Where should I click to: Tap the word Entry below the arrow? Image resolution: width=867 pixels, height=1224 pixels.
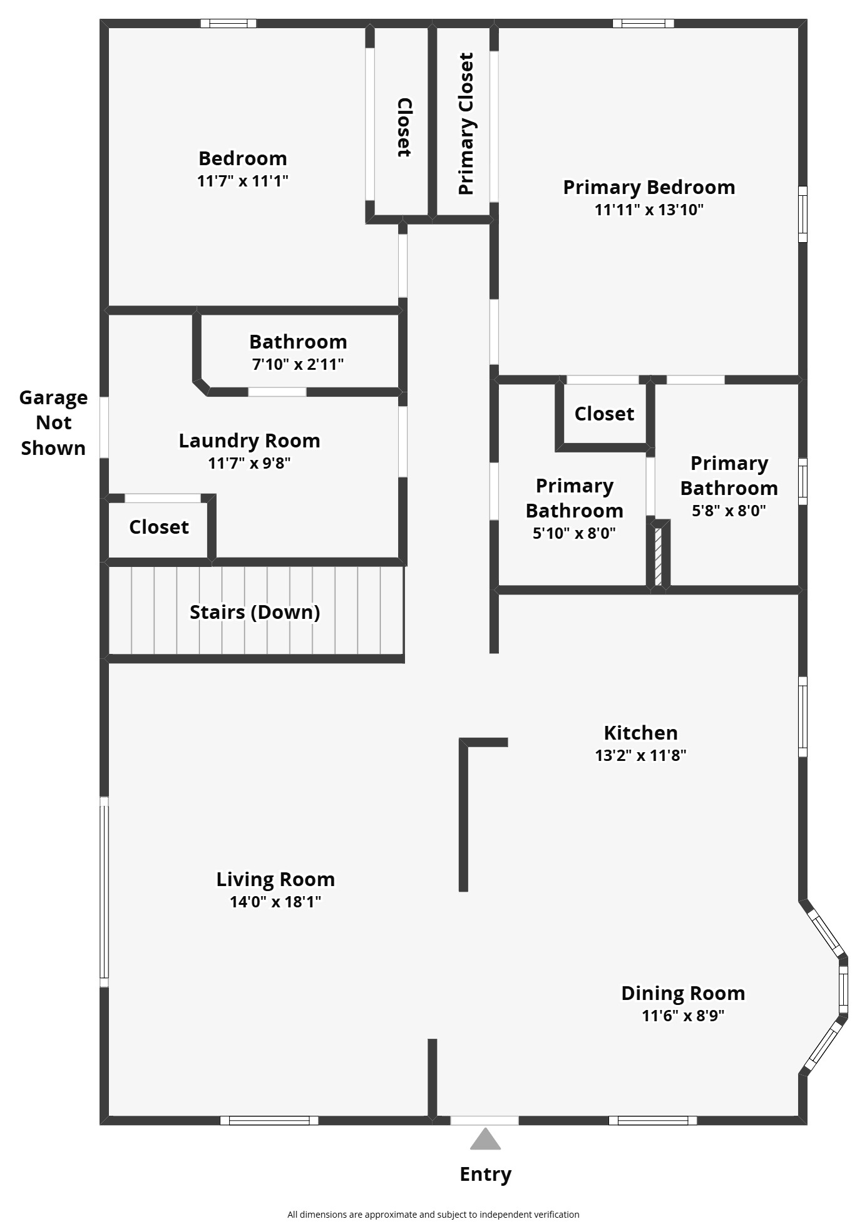click(x=486, y=1175)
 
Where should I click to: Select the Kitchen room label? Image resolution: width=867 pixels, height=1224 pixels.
click(x=640, y=733)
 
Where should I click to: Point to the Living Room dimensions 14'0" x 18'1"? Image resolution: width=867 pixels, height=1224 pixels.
click(x=275, y=902)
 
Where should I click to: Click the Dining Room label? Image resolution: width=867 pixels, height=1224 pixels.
click(x=683, y=993)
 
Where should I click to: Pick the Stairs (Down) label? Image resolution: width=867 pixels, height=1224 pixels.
click(x=255, y=612)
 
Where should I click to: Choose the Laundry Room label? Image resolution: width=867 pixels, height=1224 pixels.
click(x=250, y=441)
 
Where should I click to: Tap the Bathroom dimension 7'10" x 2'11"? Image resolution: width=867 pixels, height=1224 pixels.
click(x=298, y=364)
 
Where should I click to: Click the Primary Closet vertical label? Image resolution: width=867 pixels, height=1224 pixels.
click(x=466, y=124)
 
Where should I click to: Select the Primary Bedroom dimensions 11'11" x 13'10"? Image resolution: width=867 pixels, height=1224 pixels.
click(x=649, y=210)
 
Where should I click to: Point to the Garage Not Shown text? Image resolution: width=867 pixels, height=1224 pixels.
click(x=53, y=423)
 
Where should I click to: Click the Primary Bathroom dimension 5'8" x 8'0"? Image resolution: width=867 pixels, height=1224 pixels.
click(x=729, y=511)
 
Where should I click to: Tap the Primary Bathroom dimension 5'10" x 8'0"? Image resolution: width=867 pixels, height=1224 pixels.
click(x=574, y=533)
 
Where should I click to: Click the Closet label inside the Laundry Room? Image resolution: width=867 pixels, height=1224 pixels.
click(x=159, y=527)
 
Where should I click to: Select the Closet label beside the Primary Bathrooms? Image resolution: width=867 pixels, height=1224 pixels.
click(x=604, y=414)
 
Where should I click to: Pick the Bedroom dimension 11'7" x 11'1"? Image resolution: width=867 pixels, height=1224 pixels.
click(x=243, y=181)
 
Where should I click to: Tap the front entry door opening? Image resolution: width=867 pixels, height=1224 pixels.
click(x=485, y=1120)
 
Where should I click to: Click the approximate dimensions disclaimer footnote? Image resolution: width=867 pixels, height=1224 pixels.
click(x=433, y=1215)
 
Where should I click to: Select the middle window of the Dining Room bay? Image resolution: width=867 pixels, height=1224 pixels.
click(x=843, y=989)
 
